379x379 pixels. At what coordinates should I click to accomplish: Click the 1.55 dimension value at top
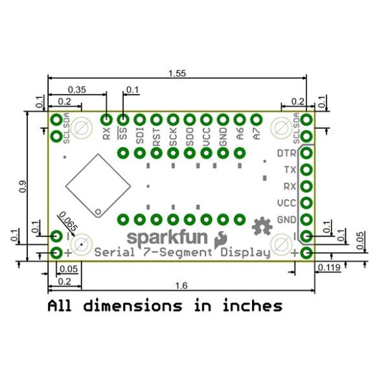[177, 73]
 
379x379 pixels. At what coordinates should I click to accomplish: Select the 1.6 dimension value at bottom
[181, 286]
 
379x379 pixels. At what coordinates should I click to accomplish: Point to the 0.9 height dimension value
[23, 187]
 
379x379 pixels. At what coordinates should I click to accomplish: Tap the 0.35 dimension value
[77, 89]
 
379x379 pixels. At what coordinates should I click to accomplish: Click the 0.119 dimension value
[329, 268]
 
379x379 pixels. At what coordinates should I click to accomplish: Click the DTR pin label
[286, 154]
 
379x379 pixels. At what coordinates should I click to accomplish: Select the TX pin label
[290, 170]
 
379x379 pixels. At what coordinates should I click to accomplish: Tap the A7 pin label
[257, 133]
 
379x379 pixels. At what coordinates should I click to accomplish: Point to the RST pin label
[157, 137]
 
